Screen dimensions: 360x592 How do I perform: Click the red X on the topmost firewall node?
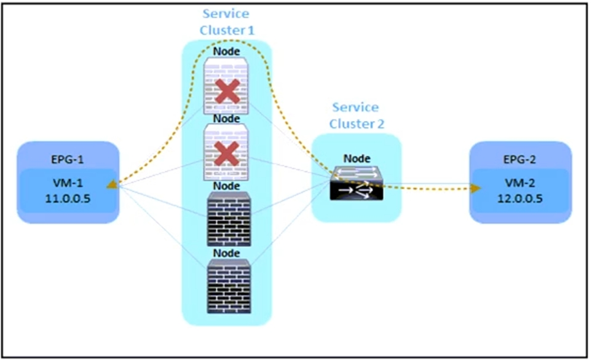click(x=227, y=92)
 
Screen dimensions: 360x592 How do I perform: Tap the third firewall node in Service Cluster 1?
click(x=227, y=219)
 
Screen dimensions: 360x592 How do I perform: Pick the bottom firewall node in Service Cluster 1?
click(x=227, y=286)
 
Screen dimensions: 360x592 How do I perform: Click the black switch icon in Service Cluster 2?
click(x=356, y=182)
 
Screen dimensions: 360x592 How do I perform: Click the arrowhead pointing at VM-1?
click(x=111, y=184)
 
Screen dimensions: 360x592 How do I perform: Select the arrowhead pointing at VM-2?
click(x=475, y=188)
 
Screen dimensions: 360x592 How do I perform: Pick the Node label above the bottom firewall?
click(x=227, y=252)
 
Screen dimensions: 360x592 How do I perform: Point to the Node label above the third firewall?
click(x=227, y=186)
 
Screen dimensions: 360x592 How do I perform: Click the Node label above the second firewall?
click(x=227, y=118)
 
